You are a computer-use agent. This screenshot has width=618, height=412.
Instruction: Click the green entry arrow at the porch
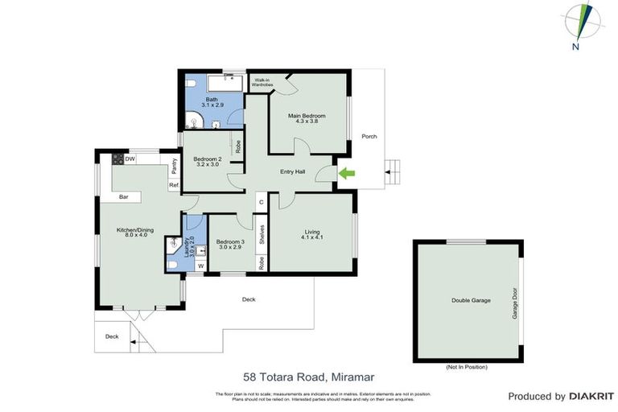click(347, 172)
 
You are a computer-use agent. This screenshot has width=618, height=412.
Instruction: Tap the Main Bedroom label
click(307, 119)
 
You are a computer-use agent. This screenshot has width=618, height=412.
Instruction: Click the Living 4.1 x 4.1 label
click(311, 234)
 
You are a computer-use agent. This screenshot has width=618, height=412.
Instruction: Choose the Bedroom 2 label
click(208, 162)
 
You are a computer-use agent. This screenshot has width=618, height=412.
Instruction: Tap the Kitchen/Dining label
click(133, 233)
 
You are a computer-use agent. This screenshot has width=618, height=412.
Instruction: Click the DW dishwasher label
click(130, 159)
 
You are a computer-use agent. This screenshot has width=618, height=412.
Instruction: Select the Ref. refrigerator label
click(173, 185)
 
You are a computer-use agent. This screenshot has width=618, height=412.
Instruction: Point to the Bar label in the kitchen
click(125, 196)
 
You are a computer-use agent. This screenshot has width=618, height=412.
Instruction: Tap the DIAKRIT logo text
click(591, 397)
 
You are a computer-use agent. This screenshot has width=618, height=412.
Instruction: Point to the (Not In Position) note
click(467, 367)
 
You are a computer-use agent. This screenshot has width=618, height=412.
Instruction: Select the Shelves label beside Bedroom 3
click(262, 233)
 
